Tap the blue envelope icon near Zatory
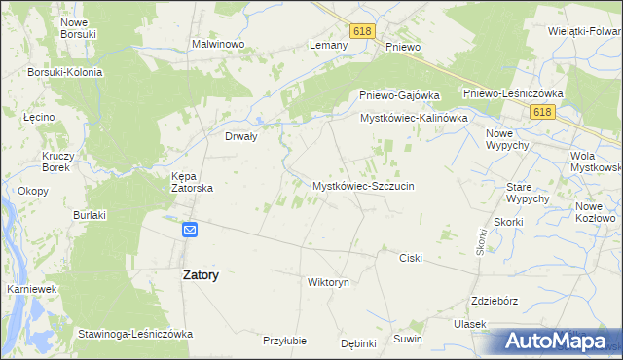190,230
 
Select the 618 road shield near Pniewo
363,31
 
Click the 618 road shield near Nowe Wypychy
543,113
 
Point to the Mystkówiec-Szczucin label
363,185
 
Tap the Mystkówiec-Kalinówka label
415,118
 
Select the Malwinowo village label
217,45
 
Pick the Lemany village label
328,46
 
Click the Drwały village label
240,137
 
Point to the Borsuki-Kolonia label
66,72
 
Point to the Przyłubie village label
284,341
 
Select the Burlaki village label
90,214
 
